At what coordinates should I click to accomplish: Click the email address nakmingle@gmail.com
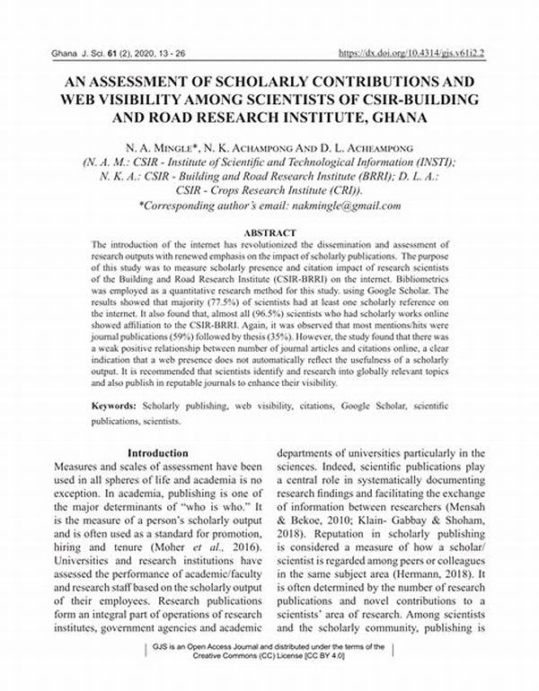(342, 206)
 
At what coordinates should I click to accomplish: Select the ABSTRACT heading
(269, 232)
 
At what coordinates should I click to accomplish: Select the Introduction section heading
(158, 453)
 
